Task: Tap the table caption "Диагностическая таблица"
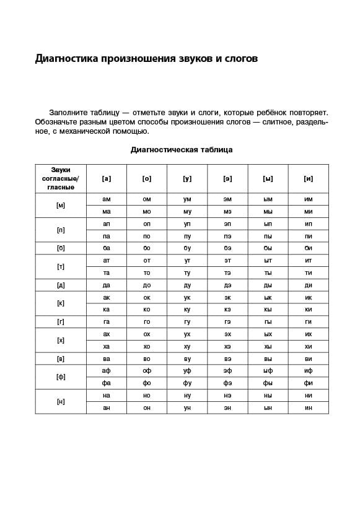tap(182, 150)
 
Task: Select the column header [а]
tap(107, 178)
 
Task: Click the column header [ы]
tap(268, 178)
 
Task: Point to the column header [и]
tap(309, 178)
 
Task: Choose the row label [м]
tap(61, 205)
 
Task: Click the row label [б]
tap(61, 248)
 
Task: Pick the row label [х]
tap(61, 340)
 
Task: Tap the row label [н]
tap(61, 401)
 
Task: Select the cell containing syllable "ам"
tap(107, 199)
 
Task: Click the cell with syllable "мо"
tap(147, 212)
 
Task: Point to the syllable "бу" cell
tap(187, 248)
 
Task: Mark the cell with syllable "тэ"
tap(227, 272)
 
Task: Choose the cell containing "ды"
tap(268, 285)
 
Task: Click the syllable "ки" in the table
tap(309, 310)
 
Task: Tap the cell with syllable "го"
tap(147, 322)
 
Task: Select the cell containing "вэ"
tap(227, 359)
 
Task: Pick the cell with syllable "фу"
tap(187, 383)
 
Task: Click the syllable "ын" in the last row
tap(268, 407)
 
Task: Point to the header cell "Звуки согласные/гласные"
tap(61, 178)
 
